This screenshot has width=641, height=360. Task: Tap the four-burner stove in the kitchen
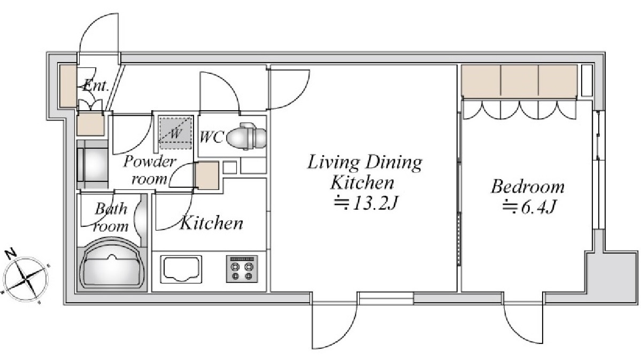pos(242,269)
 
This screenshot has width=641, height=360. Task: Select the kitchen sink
pos(181,269)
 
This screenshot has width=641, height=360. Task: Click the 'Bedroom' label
pos(527,187)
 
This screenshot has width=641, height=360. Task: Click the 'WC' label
pos(211,136)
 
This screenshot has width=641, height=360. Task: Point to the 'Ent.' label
pos(96,86)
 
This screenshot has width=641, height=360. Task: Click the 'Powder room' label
pos(150,170)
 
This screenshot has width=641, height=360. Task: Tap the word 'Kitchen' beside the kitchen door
pos(211,223)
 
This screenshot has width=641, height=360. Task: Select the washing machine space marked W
pos(175,133)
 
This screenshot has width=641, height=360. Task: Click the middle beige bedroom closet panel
pos(520,81)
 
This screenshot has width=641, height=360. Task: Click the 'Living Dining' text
pos(365,163)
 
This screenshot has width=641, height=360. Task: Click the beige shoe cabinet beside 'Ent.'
pos(68,86)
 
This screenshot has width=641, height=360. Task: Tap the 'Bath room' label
pos(111,217)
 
